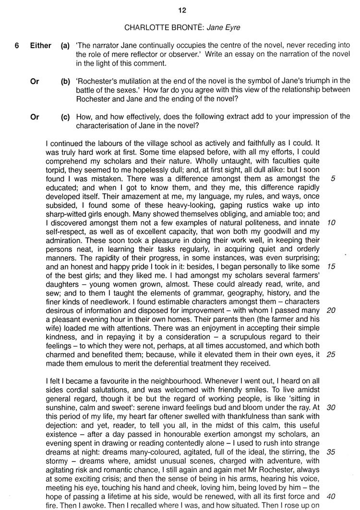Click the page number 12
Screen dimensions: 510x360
click(181, 10)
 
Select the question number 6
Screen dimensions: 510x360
click(17, 46)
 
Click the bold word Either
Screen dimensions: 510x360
click(40, 46)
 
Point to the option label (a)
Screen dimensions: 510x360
click(66, 46)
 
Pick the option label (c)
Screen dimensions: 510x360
click(66, 117)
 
